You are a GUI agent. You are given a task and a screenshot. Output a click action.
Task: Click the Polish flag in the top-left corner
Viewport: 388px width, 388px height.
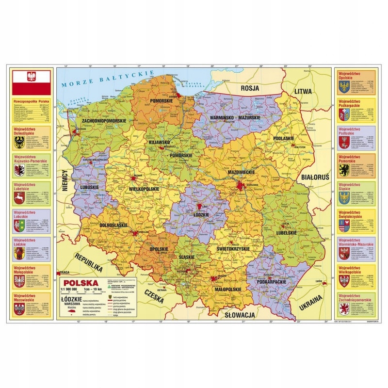[x=31, y=82]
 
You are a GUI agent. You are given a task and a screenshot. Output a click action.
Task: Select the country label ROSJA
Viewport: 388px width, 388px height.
[x=250, y=89]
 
